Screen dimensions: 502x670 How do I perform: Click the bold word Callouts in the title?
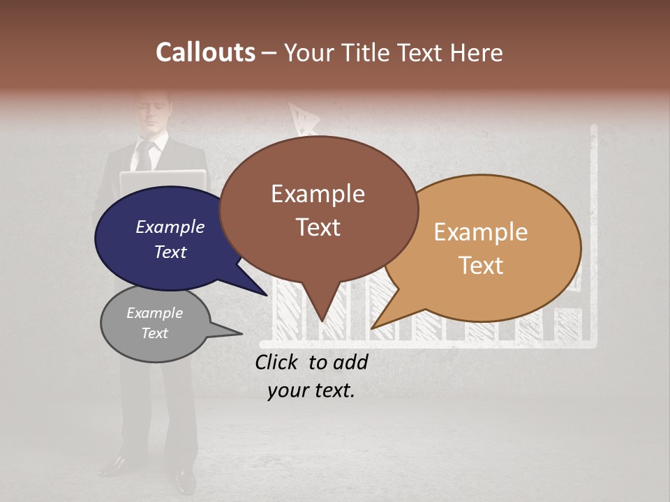click(x=205, y=52)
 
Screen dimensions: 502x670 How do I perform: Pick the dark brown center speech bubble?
click(x=318, y=209)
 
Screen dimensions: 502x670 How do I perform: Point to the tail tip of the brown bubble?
click(x=322, y=320)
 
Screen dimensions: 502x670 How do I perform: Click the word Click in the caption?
click(x=278, y=363)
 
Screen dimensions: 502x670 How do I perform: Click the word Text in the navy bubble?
click(x=170, y=252)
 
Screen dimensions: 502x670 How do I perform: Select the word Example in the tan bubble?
click(x=481, y=232)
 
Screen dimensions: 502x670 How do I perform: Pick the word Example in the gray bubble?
click(x=155, y=313)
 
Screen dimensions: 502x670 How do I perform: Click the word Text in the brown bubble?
click(x=318, y=227)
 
